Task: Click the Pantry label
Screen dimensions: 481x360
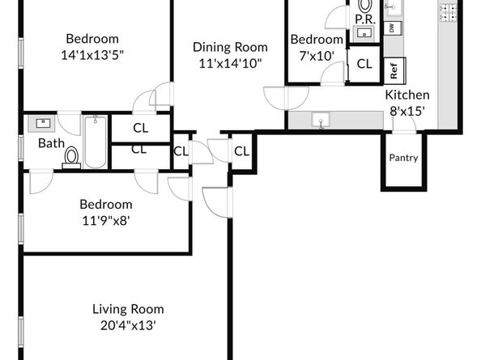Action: pyautogui.click(x=403, y=158)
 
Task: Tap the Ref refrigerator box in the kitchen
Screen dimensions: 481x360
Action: pyautogui.click(x=395, y=70)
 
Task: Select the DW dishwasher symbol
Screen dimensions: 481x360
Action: pyautogui.click(x=393, y=28)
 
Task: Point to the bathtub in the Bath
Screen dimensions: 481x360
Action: pyautogui.click(x=96, y=142)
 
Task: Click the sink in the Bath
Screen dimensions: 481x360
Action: pyautogui.click(x=43, y=124)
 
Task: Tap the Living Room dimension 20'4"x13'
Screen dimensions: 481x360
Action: pyautogui.click(x=128, y=325)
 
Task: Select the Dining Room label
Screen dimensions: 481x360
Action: pyautogui.click(x=230, y=47)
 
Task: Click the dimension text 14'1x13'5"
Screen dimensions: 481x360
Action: pyautogui.click(x=92, y=56)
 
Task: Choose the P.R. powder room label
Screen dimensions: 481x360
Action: pyautogui.click(x=365, y=20)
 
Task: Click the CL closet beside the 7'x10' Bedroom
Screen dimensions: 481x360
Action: pyautogui.click(x=364, y=64)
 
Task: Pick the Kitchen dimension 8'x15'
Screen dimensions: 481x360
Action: pyautogui.click(x=407, y=111)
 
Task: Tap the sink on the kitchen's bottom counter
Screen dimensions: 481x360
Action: pyautogui.click(x=321, y=120)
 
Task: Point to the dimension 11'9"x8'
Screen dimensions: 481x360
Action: pyautogui.click(x=106, y=221)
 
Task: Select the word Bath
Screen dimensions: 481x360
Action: pyautogui.click(x=51, y=143)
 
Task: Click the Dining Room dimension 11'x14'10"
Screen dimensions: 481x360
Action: pyautogui.click(x=230, y=64)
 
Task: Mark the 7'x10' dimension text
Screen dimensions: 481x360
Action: pyautogui.click(x=317, y=56)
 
